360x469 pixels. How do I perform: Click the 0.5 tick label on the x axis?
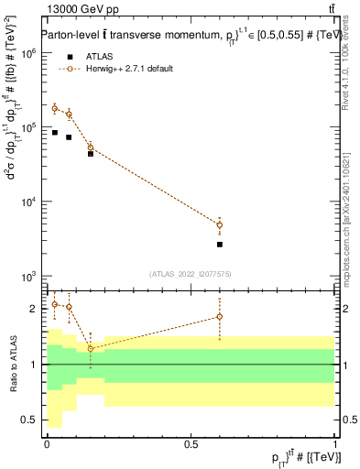point(191,444)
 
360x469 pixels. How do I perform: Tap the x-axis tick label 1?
point(334,444)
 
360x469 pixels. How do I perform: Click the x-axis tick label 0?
point(47,444)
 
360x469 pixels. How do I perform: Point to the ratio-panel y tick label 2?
point(35,309)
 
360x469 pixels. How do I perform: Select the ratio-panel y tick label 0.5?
point(30,420)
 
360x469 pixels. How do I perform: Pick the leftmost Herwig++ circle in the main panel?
point(54,108)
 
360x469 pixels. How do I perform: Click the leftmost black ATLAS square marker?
point(54,133)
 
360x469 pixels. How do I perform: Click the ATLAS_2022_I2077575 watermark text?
point(191,274)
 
